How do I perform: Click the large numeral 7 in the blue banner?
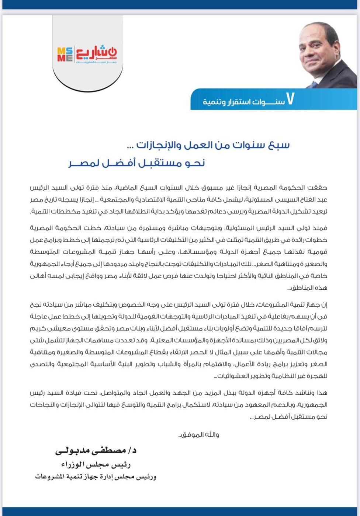coord(290,99)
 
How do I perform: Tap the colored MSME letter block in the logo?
coord(65,55)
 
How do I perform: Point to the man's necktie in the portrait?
coord(314,84)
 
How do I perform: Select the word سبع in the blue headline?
coord(279,144)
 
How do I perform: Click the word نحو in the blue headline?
coord(194,163)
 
